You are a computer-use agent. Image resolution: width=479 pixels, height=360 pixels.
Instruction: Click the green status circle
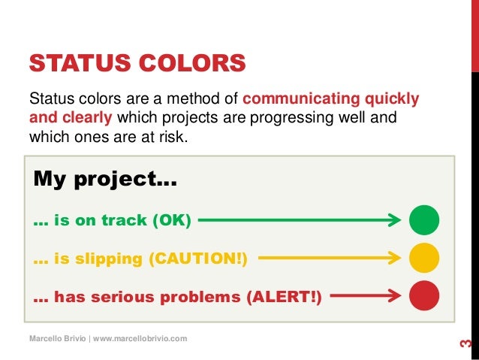tap(424, 221)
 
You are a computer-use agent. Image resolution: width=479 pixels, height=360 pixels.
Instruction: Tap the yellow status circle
tap(424, 258)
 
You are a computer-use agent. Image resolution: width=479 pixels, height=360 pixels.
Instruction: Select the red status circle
tap(424, 295)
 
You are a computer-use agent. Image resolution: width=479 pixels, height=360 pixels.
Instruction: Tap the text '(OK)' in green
tap(172, 221)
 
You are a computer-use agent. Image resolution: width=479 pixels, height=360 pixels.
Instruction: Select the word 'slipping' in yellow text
tap(98, 259)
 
